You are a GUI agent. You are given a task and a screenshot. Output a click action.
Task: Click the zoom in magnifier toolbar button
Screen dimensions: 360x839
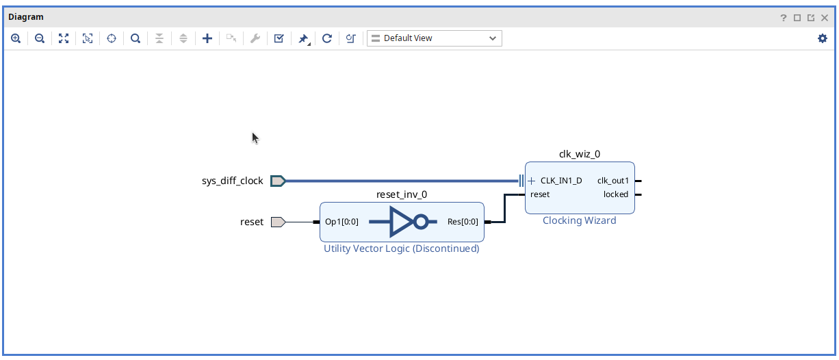point(16,38)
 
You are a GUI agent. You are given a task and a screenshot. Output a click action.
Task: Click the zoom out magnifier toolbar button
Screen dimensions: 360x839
point(40,38)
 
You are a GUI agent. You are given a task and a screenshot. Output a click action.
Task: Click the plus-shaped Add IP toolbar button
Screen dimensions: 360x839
point(207,38)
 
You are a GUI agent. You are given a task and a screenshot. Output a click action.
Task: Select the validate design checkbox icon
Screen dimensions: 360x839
point(279,38)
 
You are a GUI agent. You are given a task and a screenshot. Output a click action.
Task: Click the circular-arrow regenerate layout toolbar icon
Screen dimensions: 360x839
point(327,38)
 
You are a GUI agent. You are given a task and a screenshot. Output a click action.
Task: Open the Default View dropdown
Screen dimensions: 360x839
point(435,38)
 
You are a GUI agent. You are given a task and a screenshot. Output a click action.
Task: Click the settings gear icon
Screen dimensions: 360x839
point(823,38)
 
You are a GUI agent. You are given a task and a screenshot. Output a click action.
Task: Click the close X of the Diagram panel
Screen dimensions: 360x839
point(825,18)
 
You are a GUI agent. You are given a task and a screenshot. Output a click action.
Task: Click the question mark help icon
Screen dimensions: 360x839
point(784,18)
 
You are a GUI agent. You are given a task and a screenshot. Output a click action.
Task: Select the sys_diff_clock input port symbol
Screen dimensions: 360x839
point(278,181)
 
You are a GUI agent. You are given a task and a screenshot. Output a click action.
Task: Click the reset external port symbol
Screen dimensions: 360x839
point(278,222)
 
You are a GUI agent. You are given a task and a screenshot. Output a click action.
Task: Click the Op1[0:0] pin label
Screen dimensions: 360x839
point(341,222)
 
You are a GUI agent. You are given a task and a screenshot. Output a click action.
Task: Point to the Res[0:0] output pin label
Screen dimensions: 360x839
point(463,222)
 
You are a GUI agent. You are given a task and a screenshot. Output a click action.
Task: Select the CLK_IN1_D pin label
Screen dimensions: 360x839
point(561,181)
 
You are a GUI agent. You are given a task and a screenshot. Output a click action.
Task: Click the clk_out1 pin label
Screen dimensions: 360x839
point(612,181)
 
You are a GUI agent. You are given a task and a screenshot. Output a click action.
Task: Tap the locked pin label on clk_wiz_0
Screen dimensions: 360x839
point(615,194)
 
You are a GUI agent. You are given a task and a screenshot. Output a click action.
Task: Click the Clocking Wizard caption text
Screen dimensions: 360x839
point(579,220)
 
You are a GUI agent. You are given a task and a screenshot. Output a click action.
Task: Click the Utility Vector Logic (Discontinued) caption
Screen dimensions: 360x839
point(401,248)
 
